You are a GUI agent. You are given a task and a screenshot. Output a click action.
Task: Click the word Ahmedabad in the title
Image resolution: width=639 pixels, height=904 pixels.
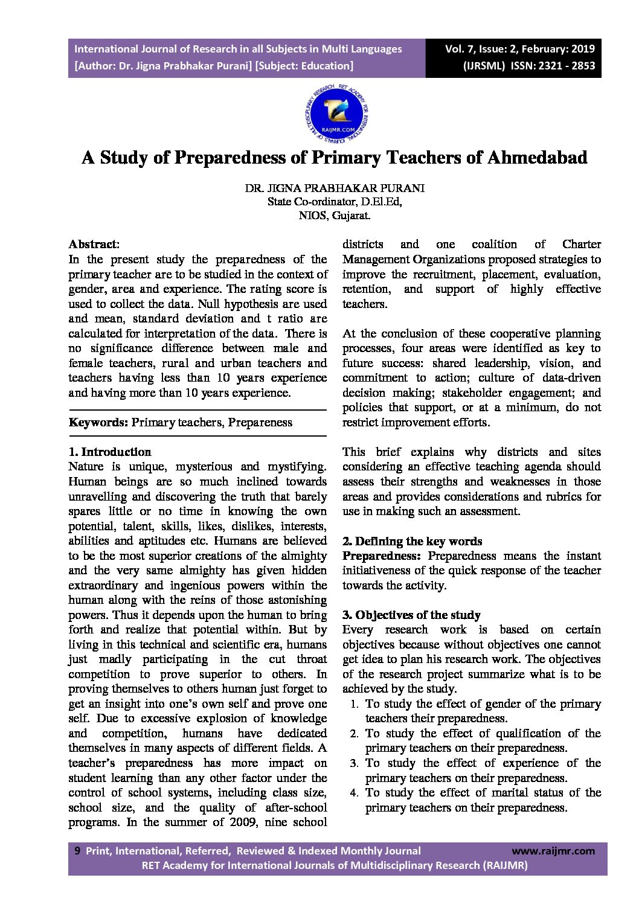tap(537, 158)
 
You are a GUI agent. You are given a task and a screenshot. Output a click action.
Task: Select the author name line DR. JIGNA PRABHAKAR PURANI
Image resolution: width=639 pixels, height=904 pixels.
tap(335, 188)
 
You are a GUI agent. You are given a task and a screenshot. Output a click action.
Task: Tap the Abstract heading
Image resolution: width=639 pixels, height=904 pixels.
tap(94, 245)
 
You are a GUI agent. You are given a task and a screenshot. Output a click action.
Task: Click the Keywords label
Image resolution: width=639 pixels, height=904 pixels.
tap(98, 422)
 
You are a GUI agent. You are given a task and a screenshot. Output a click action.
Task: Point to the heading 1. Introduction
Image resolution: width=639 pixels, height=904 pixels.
tap(110, 452)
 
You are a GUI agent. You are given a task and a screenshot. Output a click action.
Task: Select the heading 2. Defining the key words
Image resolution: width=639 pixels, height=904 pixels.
tap(412, 541)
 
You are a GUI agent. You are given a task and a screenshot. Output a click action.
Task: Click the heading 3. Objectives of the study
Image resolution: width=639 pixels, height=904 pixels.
tap(411, 615)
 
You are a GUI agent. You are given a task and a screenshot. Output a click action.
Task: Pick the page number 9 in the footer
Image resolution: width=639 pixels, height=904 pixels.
tap(77, 850)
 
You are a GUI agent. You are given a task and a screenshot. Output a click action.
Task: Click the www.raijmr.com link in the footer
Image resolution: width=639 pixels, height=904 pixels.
tap(553, 851)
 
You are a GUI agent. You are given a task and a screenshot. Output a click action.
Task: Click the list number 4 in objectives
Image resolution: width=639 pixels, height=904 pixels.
tap(355, 793)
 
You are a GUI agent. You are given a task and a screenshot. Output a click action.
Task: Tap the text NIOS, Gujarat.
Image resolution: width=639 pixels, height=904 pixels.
tap(335, 216)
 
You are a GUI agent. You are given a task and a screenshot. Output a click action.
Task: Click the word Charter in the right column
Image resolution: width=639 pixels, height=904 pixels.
tap(581, 245)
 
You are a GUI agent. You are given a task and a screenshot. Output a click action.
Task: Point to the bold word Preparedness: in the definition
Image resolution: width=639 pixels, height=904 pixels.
tap(381, 556)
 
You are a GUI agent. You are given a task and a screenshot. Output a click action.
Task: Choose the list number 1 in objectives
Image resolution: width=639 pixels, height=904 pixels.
tap(355, 704)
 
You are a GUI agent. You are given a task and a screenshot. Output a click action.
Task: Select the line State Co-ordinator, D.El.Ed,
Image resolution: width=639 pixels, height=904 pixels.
tap(335, 202)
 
